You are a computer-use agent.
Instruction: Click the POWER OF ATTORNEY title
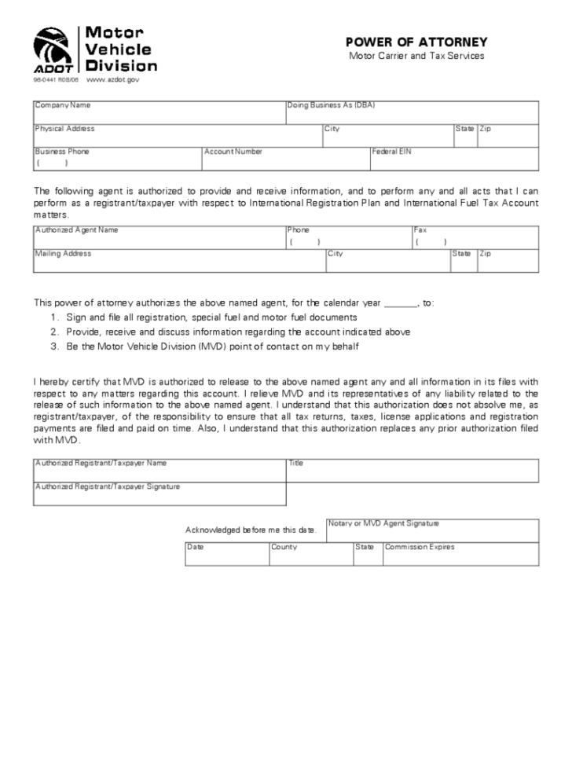tap(416, 42)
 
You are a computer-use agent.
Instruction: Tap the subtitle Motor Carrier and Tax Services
tap(416, 57)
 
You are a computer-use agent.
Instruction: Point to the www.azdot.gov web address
tap(112, 79)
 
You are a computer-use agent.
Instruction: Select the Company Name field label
tap(63, 105)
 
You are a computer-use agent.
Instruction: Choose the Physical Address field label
tap(64, 128)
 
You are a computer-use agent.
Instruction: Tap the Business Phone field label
tap(62, 151)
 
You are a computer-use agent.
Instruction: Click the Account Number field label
tap(233, 151)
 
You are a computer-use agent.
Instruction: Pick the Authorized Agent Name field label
tap(76, 230)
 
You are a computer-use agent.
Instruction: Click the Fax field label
tap(420, 230)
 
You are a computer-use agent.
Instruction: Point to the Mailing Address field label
tap(63, 253)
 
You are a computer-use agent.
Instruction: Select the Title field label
tap(295, 463)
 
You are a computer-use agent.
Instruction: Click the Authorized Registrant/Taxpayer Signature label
tap(108, 486)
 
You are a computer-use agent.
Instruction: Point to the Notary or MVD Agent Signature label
tap(384, 523)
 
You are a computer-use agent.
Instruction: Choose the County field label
tap(284, 546)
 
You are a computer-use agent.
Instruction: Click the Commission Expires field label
tap(420, 546)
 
